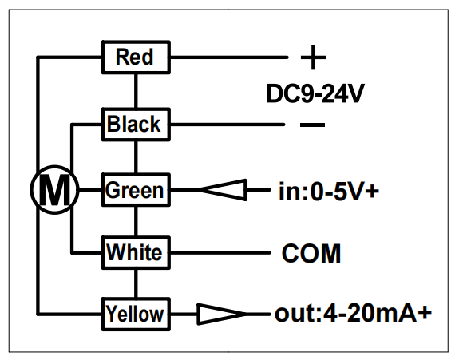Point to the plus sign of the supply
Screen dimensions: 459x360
[313, 57]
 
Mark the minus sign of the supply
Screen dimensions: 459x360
[313, 125]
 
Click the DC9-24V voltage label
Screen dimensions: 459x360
[315, 93]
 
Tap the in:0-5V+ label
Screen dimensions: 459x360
[329, 192]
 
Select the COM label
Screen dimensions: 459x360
[311, 254]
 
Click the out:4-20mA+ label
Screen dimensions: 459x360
[353, 314]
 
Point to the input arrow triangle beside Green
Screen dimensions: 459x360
[223, 190]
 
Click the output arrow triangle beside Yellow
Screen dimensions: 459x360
[222, 314]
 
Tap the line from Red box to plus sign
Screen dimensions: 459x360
[229, 57]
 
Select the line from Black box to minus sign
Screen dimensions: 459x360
[228, 125]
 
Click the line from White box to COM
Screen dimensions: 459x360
[220, 252]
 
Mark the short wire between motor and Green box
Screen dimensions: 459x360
[90, 190]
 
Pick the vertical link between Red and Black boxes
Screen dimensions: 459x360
[136, 91]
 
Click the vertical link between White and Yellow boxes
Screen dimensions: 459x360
[136, 283]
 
